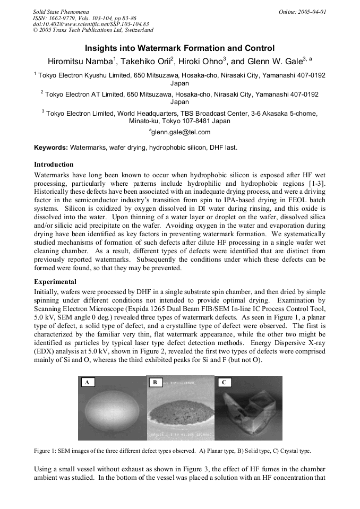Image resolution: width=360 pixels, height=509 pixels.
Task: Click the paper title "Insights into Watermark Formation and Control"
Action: pos(180,48)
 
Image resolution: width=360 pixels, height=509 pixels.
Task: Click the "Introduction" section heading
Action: pos(54,165)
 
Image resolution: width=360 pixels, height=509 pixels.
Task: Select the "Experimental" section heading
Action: pos(55,282)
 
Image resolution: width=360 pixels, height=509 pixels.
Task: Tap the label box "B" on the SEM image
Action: pos(155,382)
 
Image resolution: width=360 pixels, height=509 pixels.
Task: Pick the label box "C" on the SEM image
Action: pos(224,382)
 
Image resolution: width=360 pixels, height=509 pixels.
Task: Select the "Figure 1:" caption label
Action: pos(48,451)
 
